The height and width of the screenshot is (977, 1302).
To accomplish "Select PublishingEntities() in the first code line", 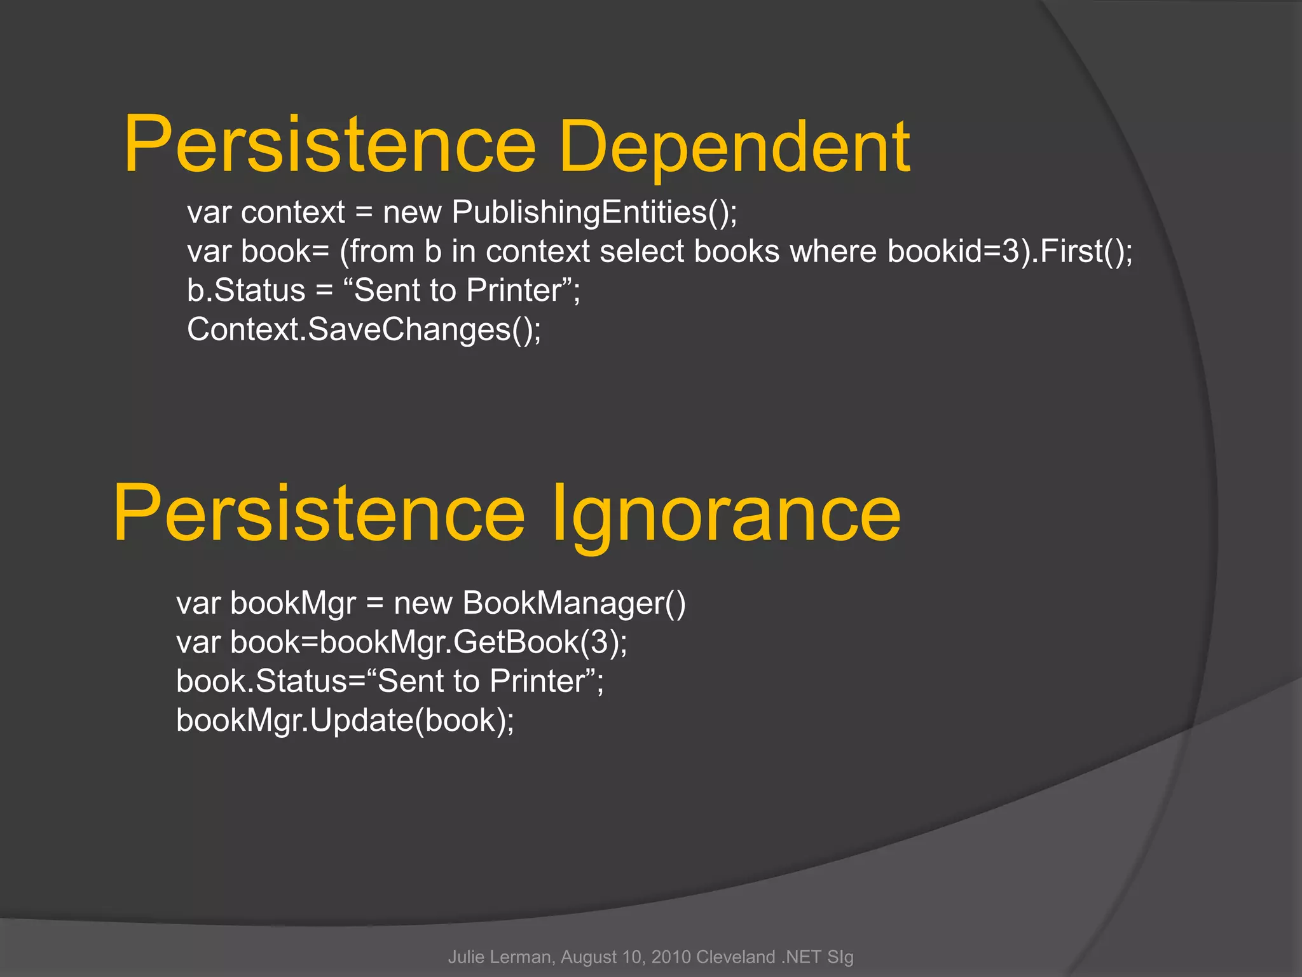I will [594, 212].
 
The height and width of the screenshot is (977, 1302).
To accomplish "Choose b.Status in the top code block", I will [246, 291].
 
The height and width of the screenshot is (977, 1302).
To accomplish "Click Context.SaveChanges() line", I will [364, 329].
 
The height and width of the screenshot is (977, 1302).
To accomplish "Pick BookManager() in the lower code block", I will [574, 603].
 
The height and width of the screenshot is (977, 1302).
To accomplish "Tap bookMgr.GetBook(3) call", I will [472, 642].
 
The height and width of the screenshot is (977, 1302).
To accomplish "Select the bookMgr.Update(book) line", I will [345, 721].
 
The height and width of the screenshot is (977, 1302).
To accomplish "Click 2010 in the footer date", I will [671, 957].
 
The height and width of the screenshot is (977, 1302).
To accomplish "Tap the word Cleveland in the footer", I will [736, 957].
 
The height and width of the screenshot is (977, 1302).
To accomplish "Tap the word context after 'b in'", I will [538, 251].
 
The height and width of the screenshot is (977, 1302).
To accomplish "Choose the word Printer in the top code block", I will [514, 291].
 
